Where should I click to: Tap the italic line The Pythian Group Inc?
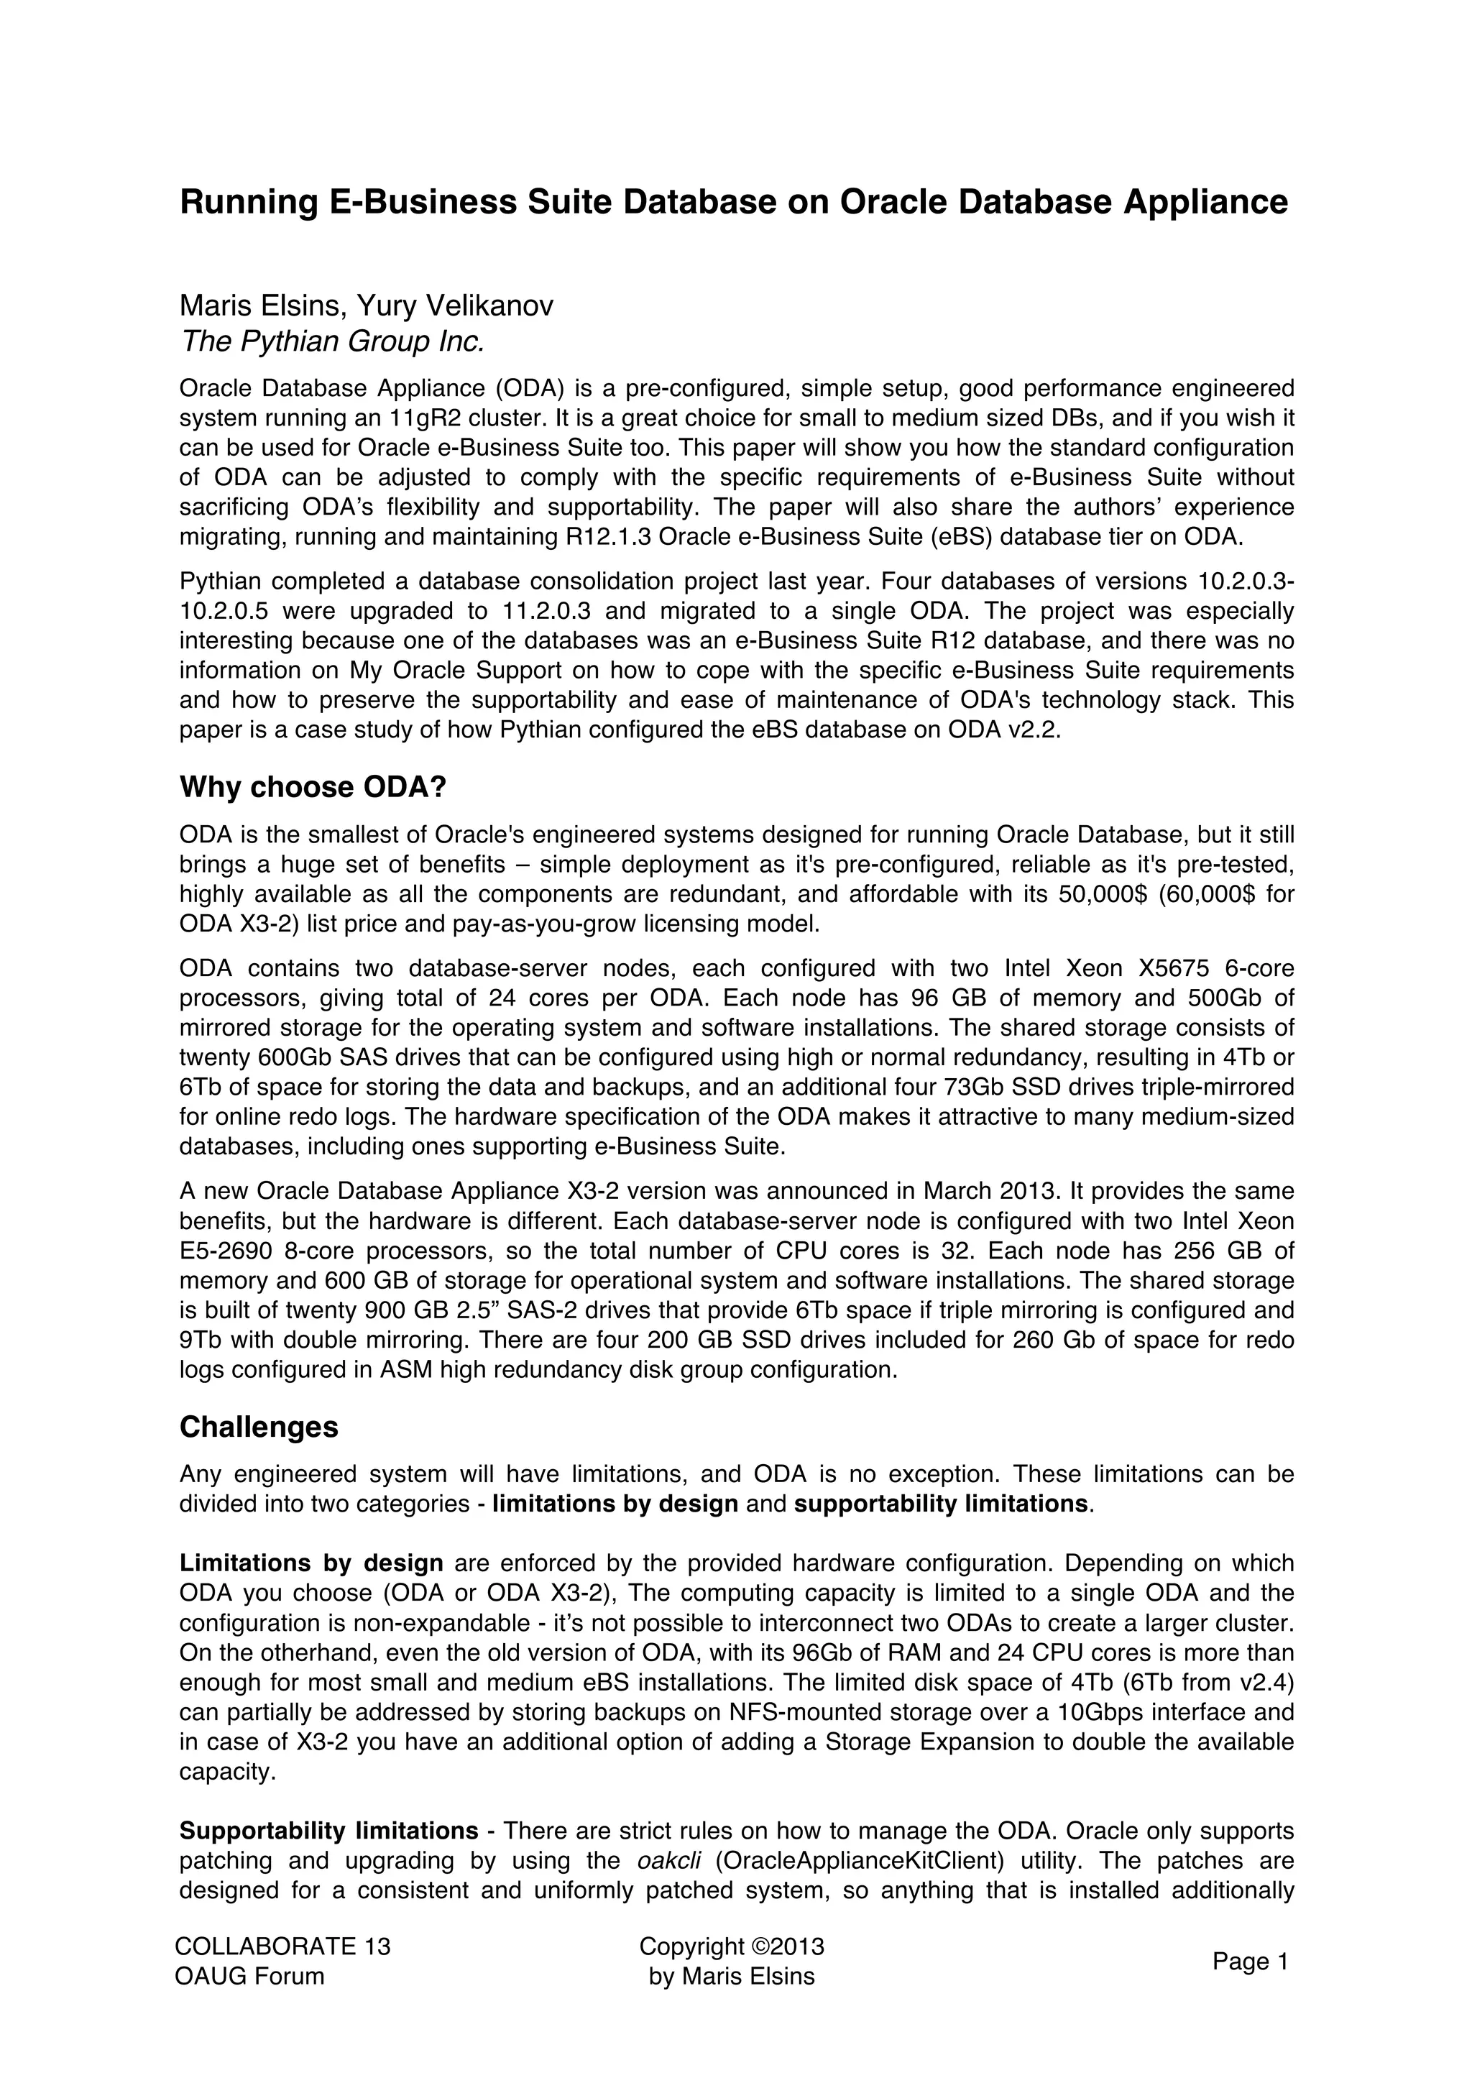[x=332, y=341]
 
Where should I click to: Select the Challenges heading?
[x=259, y=1426]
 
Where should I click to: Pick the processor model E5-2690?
[x=225, y=1251]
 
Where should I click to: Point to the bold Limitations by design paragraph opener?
[x=311, y=1563]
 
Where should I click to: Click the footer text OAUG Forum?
[x=249, y=1976]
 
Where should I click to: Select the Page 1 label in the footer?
[x=1250, y=1962]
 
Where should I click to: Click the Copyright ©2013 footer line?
[x=731, y=1946]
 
